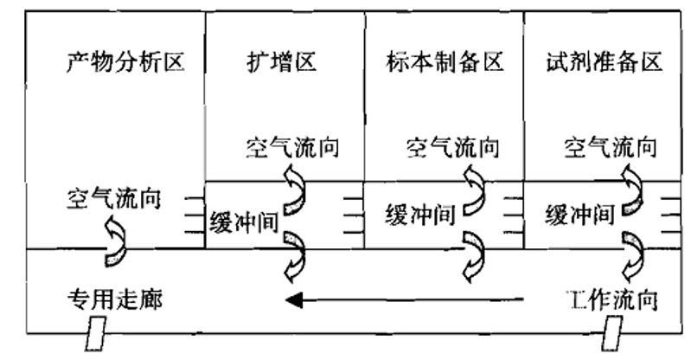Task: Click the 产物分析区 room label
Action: tap(126, 63)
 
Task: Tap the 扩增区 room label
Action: tap(282, 63)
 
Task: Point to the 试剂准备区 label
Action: tap(605, 63)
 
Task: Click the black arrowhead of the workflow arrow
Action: tap(295, 300)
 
